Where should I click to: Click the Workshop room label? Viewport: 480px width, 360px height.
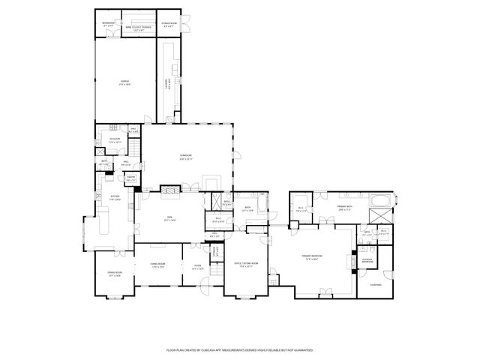click(x=108, y=24)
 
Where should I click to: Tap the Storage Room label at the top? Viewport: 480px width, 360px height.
click(x=171, y=24)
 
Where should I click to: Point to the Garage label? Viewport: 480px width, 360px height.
click(x=125, y=82)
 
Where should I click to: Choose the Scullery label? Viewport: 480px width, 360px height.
click(x=115, y=139)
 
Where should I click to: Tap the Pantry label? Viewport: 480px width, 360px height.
click(x=131, y=179)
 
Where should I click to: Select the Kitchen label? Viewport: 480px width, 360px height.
click(x=115, y=198)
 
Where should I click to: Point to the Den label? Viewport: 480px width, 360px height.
click(x=170, y=218)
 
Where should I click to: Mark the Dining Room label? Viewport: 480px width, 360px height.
click(x=115, y=275)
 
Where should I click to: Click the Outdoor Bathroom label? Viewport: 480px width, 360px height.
click(x=367, y=261)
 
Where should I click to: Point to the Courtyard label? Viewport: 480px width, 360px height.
click(x=375, y=284)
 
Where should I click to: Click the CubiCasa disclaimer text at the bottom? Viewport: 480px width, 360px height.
click(x=239, y=349)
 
